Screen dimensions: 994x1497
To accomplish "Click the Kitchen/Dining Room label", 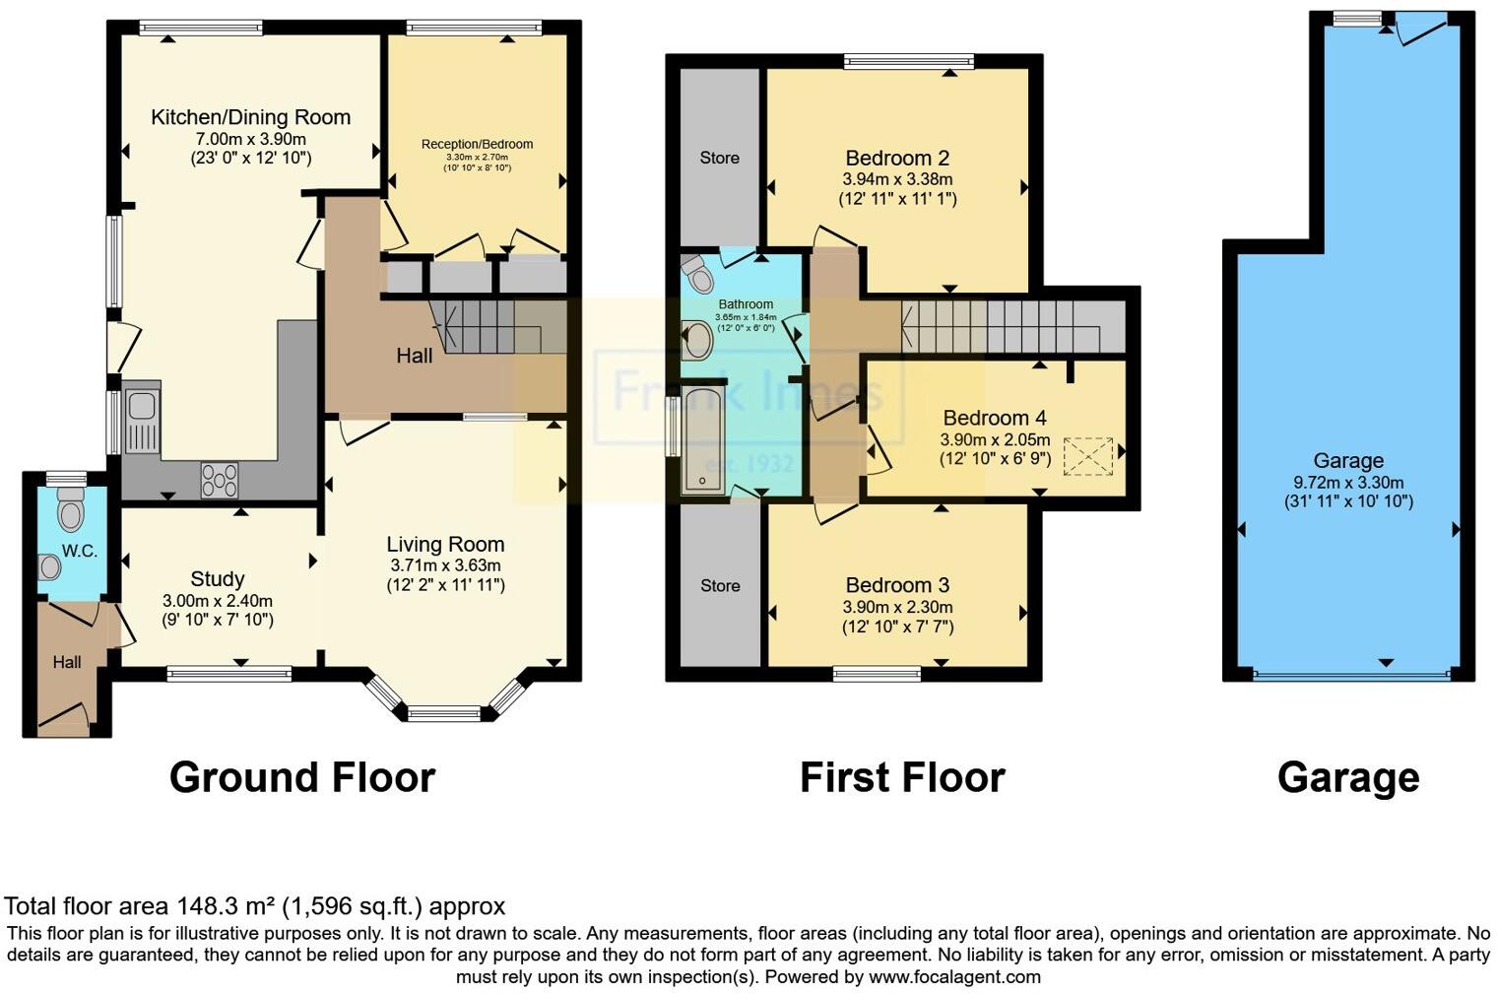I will point(250,117).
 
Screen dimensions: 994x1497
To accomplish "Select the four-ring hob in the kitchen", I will point(219,480).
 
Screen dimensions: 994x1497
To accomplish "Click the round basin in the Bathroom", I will point(698,341).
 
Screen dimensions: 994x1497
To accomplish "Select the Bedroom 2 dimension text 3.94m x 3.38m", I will point(897,179).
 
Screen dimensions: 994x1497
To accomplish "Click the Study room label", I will point(217,579).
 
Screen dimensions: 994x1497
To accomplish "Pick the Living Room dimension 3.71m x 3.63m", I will point(445,565).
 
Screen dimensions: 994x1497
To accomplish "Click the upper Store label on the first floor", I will point(719,158).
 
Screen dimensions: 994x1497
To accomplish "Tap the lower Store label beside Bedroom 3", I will point(719,586).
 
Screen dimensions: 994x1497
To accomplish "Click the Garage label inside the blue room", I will point(1347,460).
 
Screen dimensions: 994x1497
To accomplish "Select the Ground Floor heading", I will point(301,777).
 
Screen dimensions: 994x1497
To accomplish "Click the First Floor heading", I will point(901,777).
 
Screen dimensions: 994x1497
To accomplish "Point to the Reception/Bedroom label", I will point(477,144).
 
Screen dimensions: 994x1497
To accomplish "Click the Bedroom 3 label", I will point(897,585).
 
